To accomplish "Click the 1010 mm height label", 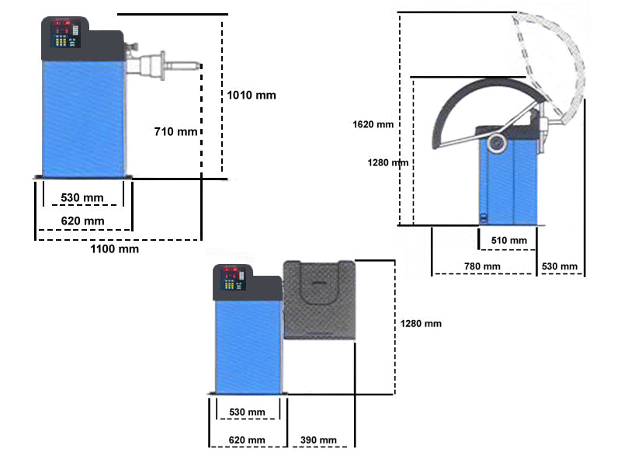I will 252,96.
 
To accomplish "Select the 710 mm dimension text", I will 176,131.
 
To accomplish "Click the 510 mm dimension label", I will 508,241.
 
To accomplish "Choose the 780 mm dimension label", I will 482,266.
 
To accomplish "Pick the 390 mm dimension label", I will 318,440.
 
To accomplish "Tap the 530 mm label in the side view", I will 560,266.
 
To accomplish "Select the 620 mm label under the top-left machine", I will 82,221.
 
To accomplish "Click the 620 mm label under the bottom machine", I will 246,440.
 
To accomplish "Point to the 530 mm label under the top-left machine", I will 82,198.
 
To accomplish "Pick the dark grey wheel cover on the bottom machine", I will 319,299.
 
